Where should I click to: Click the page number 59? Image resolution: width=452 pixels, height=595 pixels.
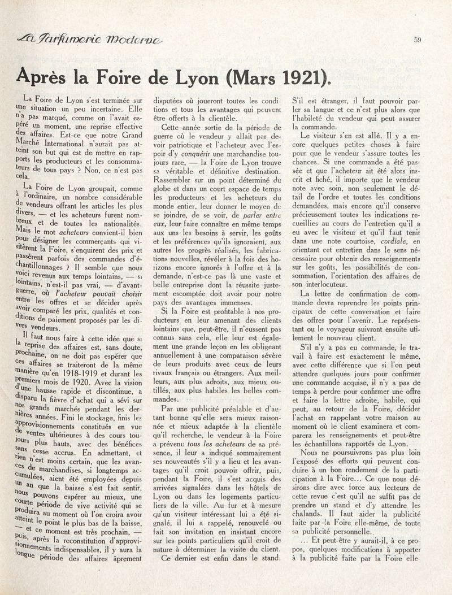(418, 40)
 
